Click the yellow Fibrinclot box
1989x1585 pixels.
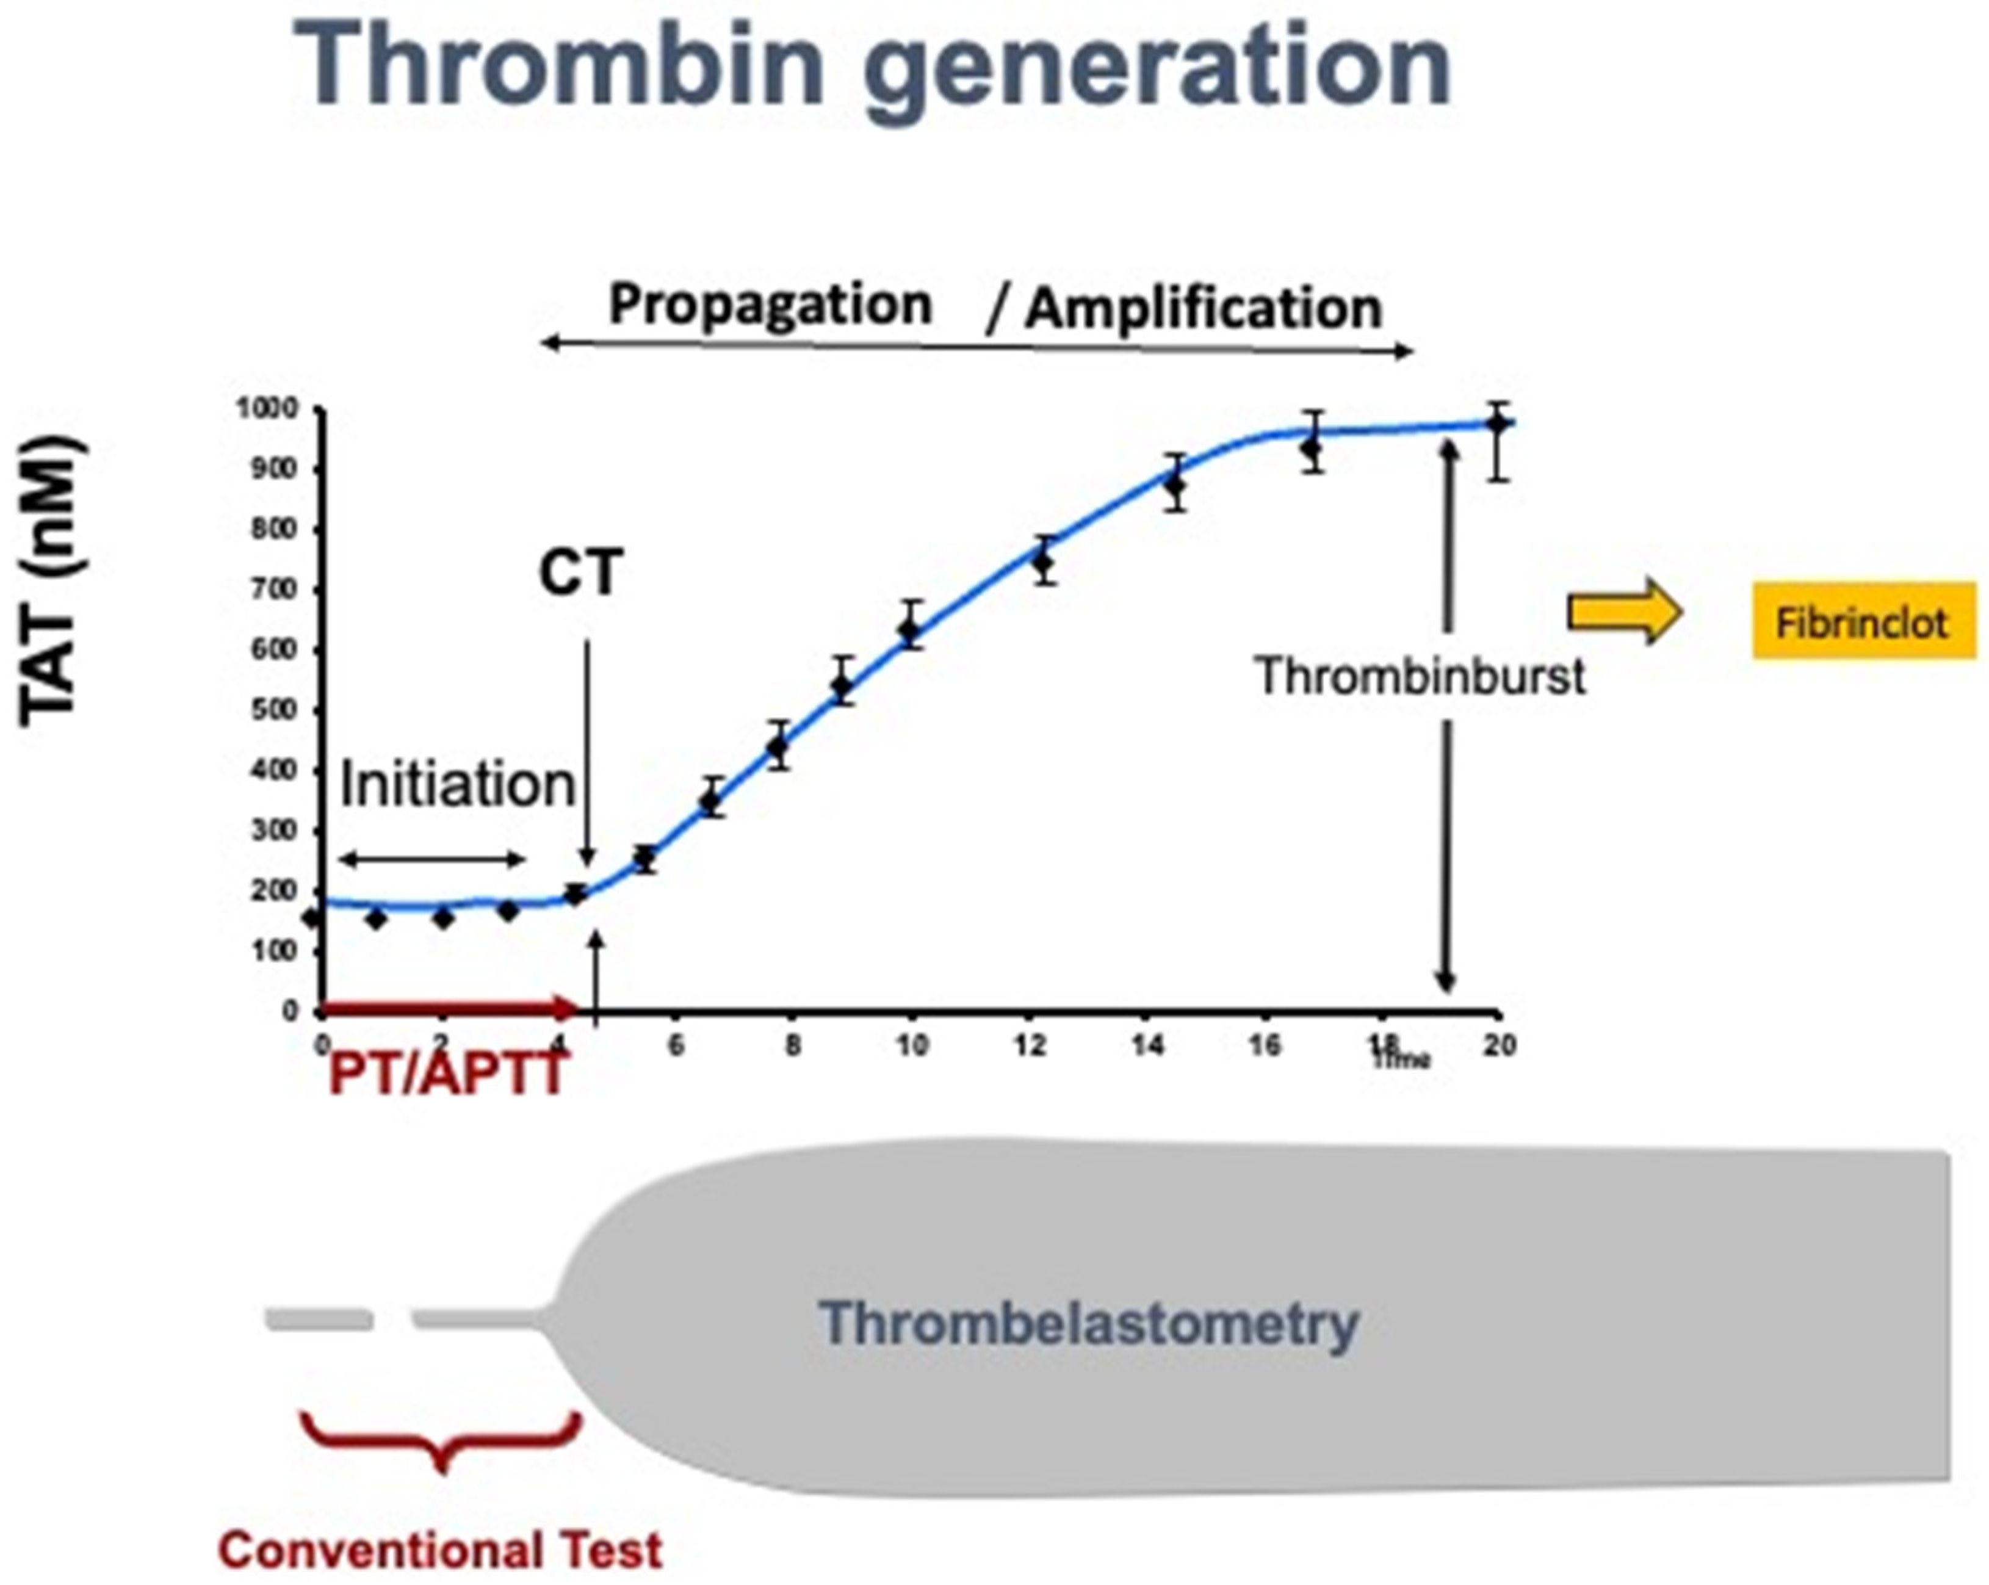1863,621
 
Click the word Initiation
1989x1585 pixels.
458,785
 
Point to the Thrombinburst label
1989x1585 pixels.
1420,676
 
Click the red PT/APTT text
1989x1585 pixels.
447,1074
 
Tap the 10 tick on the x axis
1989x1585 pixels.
911,1045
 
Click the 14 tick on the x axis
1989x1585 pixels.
1147,1045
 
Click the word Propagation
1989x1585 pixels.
770,305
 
